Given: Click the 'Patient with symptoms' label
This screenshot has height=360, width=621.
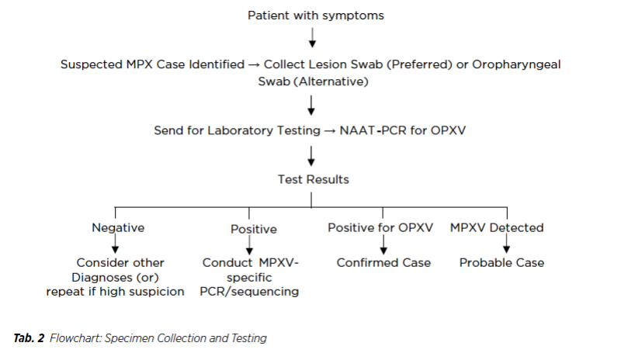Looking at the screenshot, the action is coord(316,16).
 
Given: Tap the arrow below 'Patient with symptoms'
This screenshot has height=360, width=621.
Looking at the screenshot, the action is coord(312,37).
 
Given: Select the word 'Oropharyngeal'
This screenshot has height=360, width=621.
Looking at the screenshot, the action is coord(516,64).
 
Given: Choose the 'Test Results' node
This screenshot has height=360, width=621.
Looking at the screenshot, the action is coord(314,179).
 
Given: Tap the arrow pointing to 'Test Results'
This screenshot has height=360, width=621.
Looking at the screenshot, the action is coord(311,156).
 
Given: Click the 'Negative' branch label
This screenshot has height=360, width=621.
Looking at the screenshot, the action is coord(118,228).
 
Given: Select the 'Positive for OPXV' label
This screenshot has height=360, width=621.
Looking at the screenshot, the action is coord(380,228).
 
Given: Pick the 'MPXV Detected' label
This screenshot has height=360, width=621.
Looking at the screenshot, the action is coord(497,228).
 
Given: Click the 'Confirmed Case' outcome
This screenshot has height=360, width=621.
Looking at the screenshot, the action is coord(383,262).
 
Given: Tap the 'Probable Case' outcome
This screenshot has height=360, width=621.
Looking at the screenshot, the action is coord(501,262).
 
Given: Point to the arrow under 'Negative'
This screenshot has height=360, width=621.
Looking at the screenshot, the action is coord(115,244).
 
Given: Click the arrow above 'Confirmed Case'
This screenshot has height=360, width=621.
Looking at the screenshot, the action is coord(383,244).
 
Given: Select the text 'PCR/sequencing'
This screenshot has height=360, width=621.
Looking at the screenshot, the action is coord(249,292).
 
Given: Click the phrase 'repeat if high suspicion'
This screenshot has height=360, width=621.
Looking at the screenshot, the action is coord(115,292).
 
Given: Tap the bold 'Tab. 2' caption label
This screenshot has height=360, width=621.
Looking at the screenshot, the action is coord(29,338).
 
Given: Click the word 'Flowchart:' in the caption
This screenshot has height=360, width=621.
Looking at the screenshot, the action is coord(75,338).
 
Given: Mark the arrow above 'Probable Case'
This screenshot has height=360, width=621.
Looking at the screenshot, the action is coord(507,244).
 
